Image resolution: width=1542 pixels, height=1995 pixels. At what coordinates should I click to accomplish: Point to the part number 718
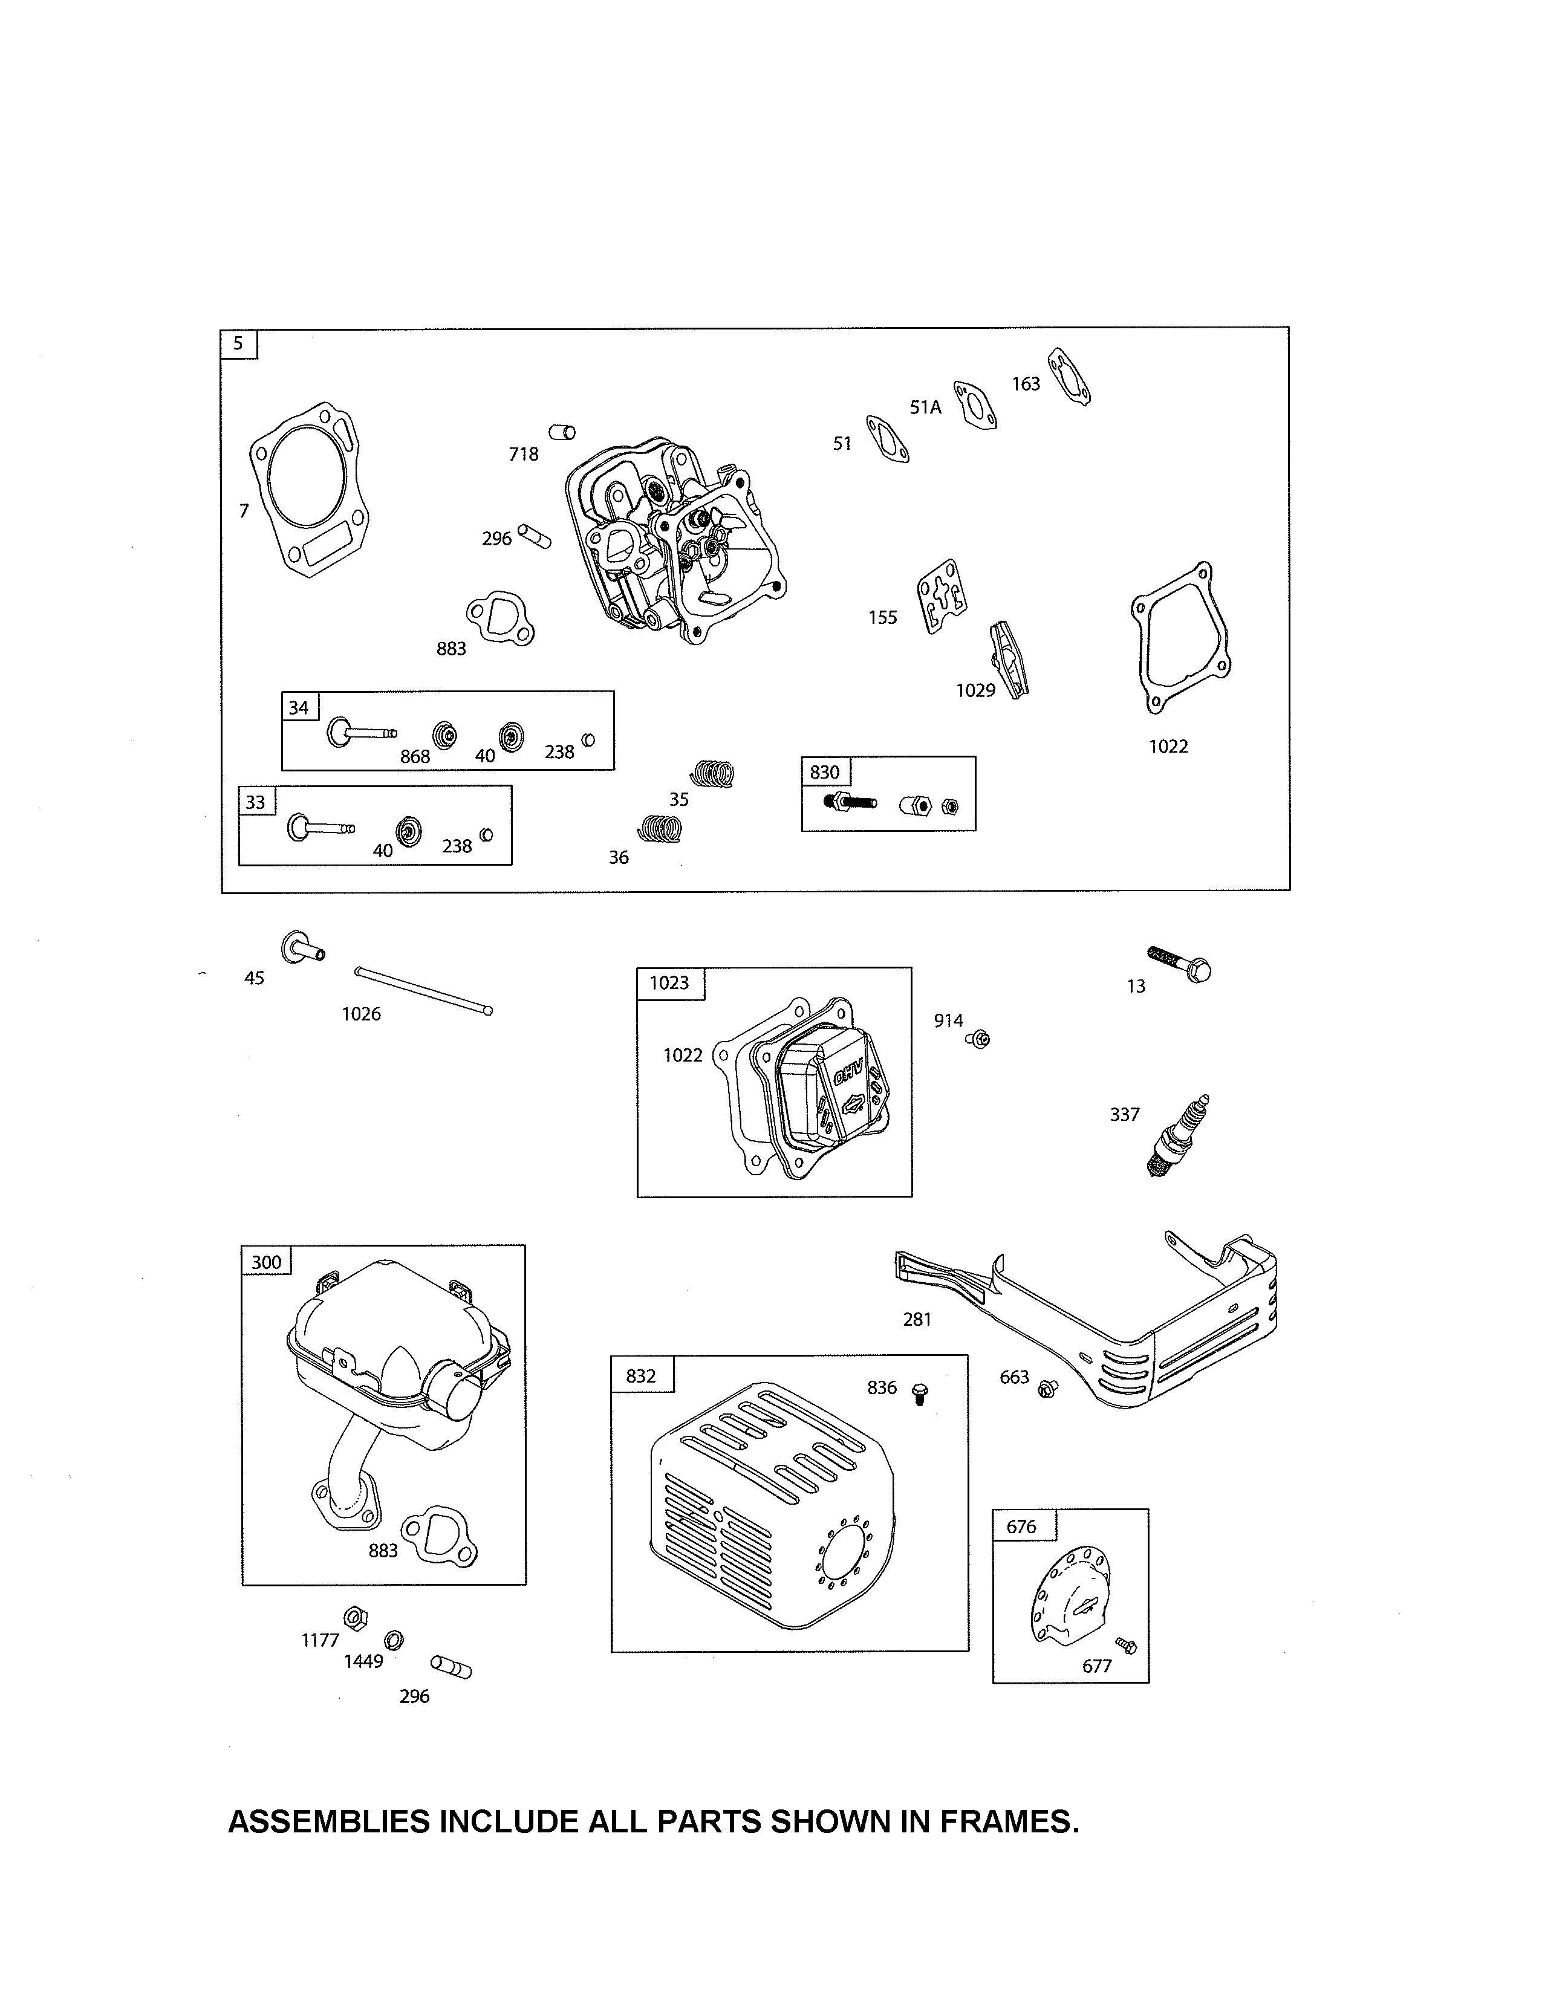[x=524, y=454]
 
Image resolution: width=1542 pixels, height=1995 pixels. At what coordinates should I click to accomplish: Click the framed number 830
[x=825, y=772]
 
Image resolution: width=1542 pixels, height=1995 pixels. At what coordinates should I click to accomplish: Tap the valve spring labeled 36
[x=660, y=828]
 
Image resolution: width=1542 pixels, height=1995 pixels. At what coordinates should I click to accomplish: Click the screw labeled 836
[x=920, y=1393]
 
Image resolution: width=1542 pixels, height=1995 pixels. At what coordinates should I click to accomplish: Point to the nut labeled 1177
[x=356, y=1617]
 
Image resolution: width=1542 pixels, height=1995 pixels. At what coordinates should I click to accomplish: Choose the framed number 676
[x=1021, y=1526]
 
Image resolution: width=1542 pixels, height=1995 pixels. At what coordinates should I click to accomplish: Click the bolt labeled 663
[x=1048, y=1389]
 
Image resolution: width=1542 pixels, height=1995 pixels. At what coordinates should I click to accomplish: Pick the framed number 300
[x=266, y=1262]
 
